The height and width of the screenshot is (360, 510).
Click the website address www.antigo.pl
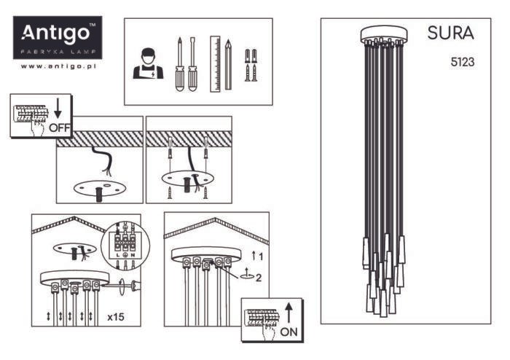pos(58,66)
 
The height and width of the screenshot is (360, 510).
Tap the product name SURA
pos(450,34)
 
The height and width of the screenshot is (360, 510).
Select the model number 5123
pos(463,63)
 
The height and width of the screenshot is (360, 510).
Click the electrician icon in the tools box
pos(148,63)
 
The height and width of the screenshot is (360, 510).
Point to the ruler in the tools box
pos(215,63)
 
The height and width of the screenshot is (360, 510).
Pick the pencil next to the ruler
pos(228,64)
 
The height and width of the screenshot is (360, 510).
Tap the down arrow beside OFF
pos(58,109)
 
